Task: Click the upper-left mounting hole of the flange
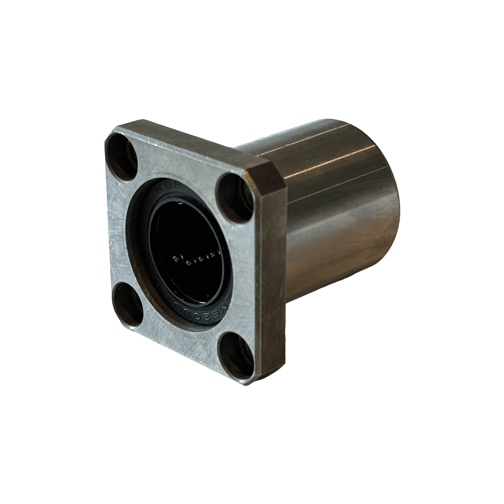(x=122, y=157)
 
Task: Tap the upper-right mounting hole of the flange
(x=235, y=197)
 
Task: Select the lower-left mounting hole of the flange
(x=128, y=305)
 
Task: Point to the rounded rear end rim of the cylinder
(x=391, y=207)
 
